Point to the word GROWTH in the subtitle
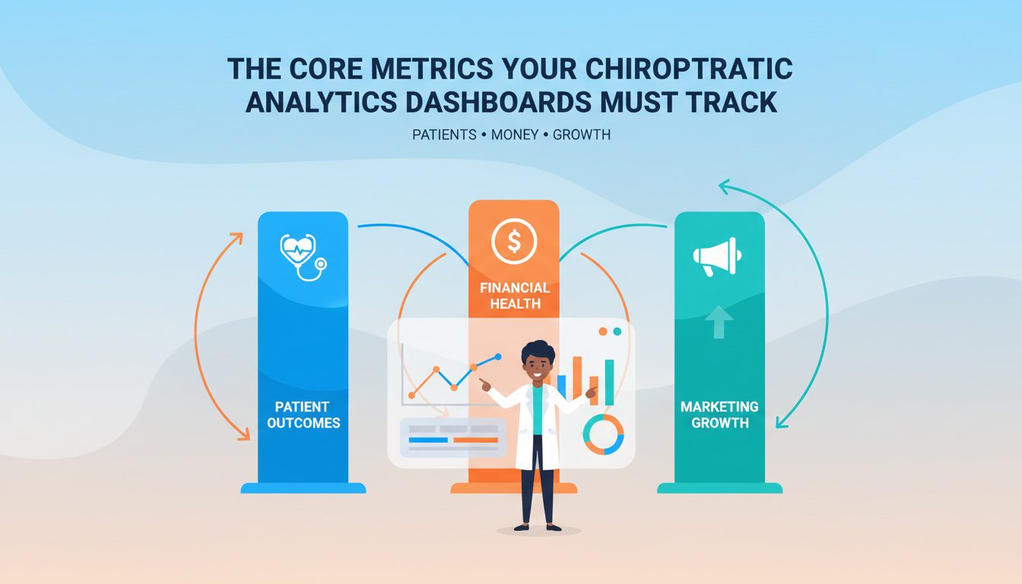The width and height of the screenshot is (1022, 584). click(x=582, y=135)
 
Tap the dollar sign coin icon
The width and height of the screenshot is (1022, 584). click(x=514, y=242)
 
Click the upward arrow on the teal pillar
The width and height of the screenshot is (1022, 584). click(x=719, y=322)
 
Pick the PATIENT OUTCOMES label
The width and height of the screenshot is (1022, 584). click(x=303, y=414)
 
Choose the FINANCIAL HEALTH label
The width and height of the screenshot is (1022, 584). click(x=514, y=296)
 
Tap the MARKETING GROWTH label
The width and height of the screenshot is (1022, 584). click(x=719, y=414)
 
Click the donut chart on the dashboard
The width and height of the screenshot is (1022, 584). click(x=603, y=434)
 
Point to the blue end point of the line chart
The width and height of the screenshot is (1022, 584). click(x=498, y=356)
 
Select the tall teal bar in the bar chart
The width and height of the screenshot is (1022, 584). click(x=609, y=382)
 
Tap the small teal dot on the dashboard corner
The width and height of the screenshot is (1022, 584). click(x=617, y=332)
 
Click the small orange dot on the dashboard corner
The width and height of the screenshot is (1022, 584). click(x=603, y=332)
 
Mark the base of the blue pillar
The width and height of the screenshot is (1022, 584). click(x=303, y=487)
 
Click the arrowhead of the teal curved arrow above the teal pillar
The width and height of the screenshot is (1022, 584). click(x=724, y=185)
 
